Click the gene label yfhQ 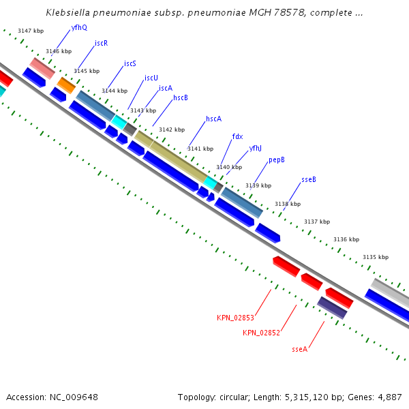pyautogui.click(x=79, y=28)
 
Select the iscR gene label pyautogui.click(x=102, y=43)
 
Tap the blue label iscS pyautogui.click(x=130, y=63)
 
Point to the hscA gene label pyautogui.click(x=213, y=119)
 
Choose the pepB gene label pyautogui.click(x=276, y=160)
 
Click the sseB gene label pyautogui.click(x=309, y=180)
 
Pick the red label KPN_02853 pyautogui.click(x=235, y=318)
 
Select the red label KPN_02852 pyautogui.click(x=261, y=333)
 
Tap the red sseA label pyautogui.click(x=300, y=349)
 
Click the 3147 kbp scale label pyautogui.click(x=31, y=31)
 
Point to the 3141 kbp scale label pyautogui.click(x=200, y=149)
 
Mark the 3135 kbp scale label pyautogui.click(x=375, y=257)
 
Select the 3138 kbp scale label pyautogui.click(x=287, y=204)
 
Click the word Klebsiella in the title pyautogui.click(x=71, y=12)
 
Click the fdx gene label pyautogui.click(x=237, y=136)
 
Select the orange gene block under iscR pyautogui.click(x=66, y=85)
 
